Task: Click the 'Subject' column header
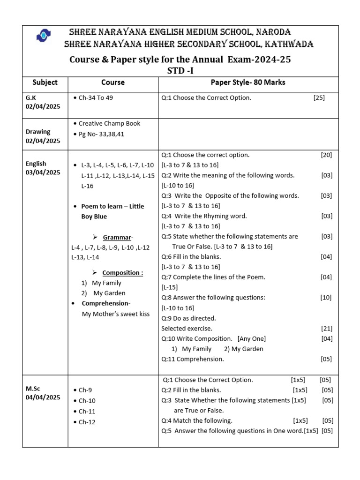pos(45,82)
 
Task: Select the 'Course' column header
pos(113,82)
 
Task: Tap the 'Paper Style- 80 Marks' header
pos(248,82)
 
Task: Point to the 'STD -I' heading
pos(180,71)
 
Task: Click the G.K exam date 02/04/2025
pos(43,107)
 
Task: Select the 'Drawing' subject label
pos(38,132)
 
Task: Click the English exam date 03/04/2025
pos(43,172)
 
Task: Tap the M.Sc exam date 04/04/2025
pos(43,397)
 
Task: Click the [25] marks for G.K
pos(319,98)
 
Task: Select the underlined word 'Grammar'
pos(117,238)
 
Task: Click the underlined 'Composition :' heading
pos(123,273)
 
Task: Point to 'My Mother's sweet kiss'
pos(116,314)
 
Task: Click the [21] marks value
pos(326,329)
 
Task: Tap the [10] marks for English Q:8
pos(326,298)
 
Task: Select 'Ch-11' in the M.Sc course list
pos(87,411)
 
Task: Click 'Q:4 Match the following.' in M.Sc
pos(197,420)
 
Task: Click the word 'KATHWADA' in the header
pos(289,45)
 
